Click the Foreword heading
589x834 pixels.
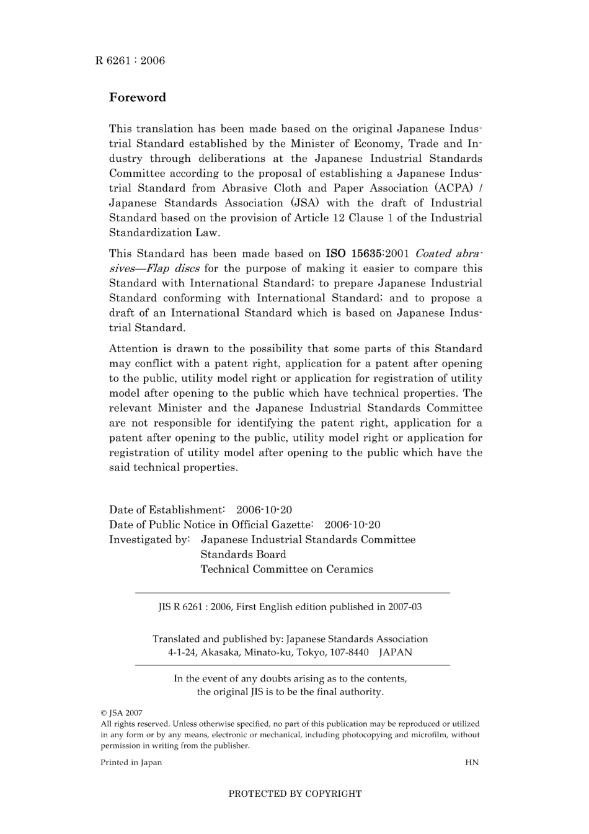click(138, 97)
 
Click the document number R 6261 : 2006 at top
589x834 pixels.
click(130, 60)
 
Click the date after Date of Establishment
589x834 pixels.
click(264, 510)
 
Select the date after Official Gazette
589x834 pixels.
click(352, 525)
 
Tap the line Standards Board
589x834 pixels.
click(243, 554)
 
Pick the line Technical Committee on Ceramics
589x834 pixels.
click(286, 569)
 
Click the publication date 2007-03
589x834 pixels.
click(405, 607)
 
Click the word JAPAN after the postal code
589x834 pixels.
click(395, 652)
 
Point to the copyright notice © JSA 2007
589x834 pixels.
click(122, 713)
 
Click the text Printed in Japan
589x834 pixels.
click(131, 763)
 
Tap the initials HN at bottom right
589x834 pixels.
click(471, 763)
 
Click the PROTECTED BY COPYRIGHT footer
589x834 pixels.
click(294, 794)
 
